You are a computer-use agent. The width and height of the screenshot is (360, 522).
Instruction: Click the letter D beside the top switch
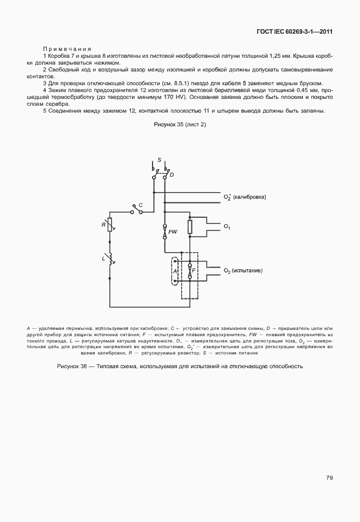(x=171, y=173)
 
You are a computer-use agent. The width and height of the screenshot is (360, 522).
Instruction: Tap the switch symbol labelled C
(x=137, y=210)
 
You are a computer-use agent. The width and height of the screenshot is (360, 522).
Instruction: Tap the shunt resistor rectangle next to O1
(x=190, y=227)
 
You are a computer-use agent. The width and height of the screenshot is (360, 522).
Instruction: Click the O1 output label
(x=227, y=228)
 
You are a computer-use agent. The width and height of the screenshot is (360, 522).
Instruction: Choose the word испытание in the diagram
(x=247, y=270)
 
